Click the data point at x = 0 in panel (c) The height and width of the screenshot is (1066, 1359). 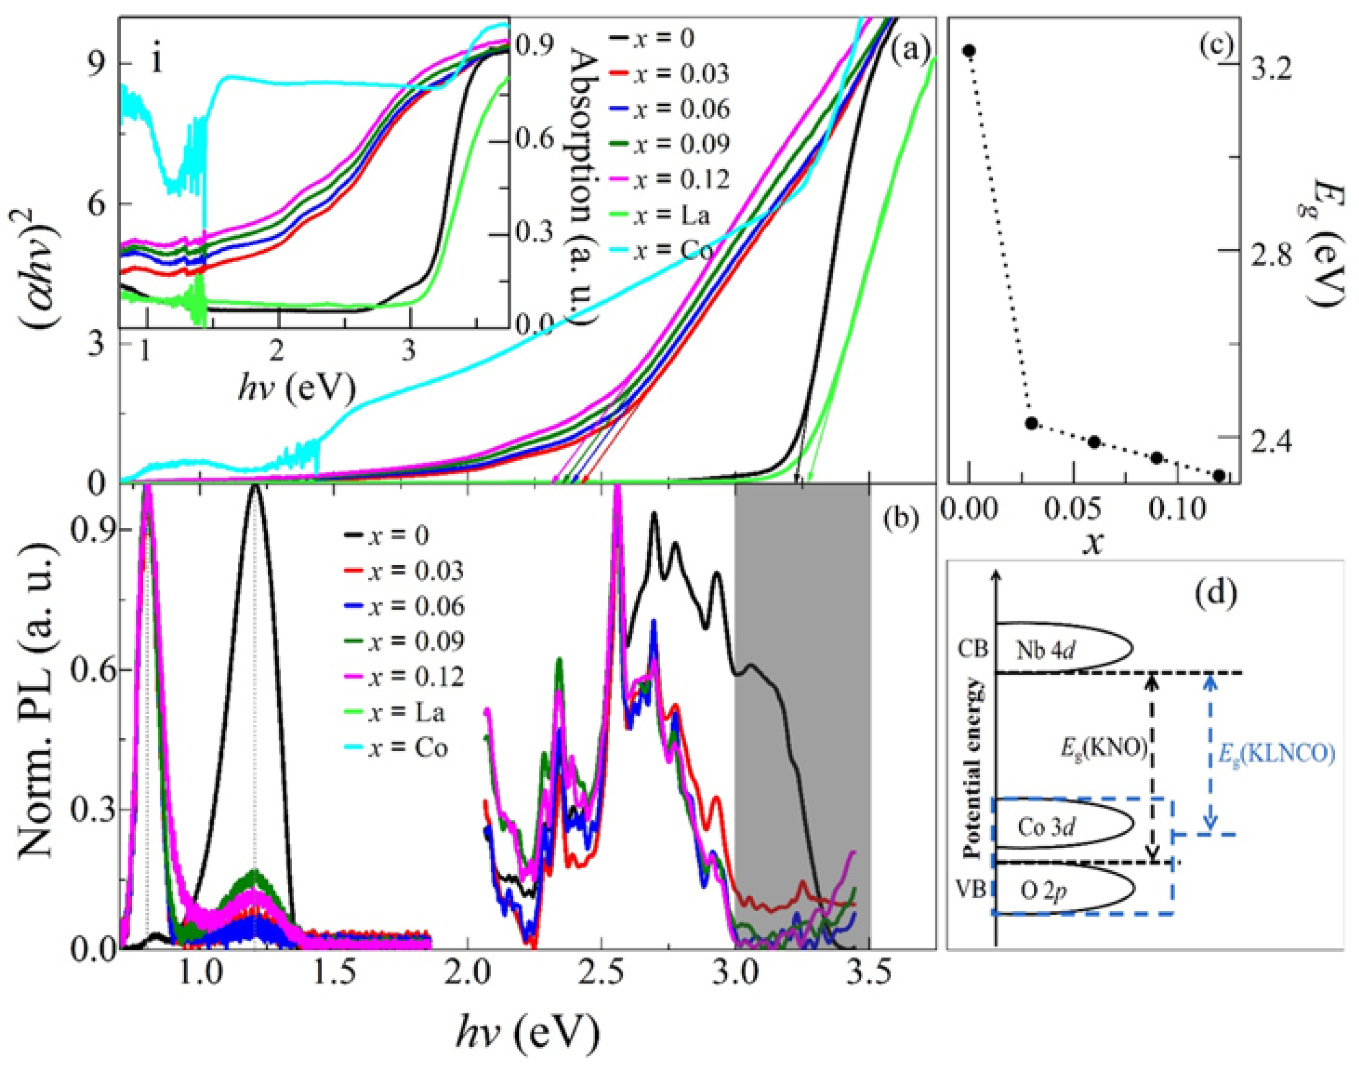click(969, 50)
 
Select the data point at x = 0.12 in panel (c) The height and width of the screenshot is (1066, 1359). click(1219, 476)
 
